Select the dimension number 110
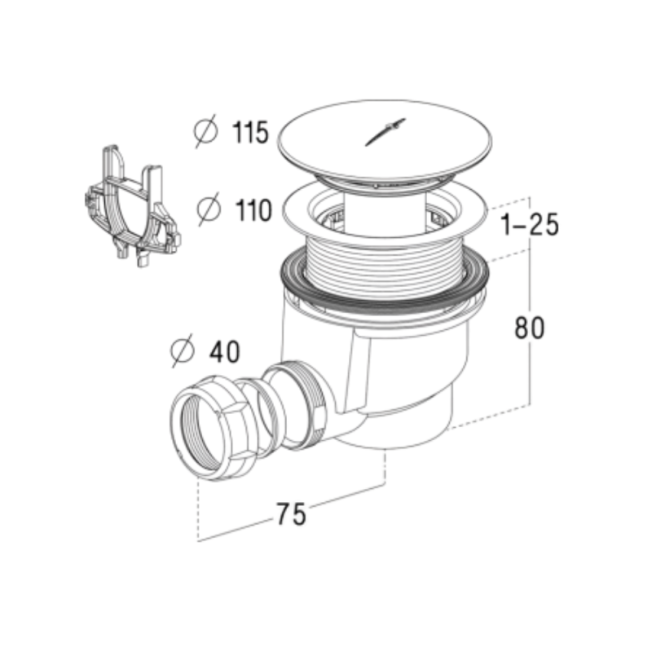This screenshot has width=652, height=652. pos(253,210)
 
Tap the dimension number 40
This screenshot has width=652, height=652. pos(225,352)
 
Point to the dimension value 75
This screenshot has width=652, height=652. pos(291,514)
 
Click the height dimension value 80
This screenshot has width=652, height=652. pos(529,328)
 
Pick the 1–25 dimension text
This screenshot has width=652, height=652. pos(530,225)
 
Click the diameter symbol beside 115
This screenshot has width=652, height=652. pos(206,131)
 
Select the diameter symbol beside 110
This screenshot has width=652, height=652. pos(209,209)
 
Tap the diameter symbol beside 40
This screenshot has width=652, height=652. pos(182,350)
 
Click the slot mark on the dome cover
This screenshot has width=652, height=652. pos(385,132)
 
